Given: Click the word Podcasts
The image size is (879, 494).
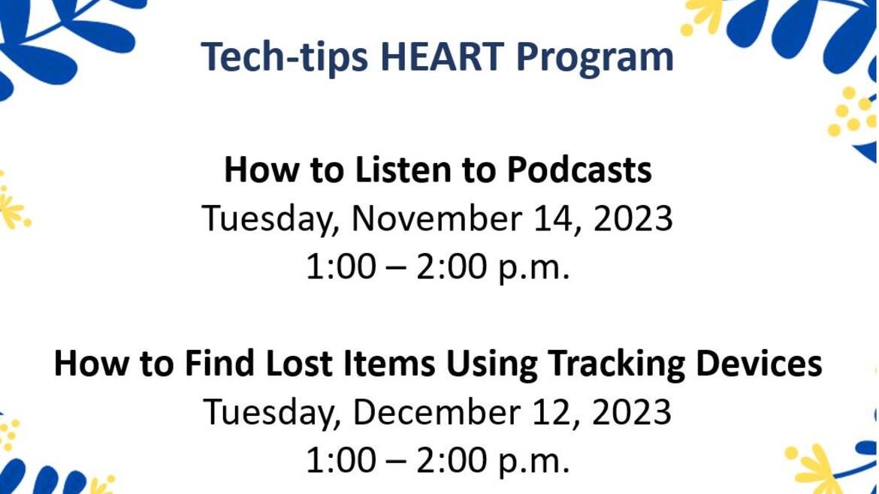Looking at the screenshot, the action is [578, 170].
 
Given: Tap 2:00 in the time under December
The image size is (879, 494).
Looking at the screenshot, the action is [453, 461].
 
